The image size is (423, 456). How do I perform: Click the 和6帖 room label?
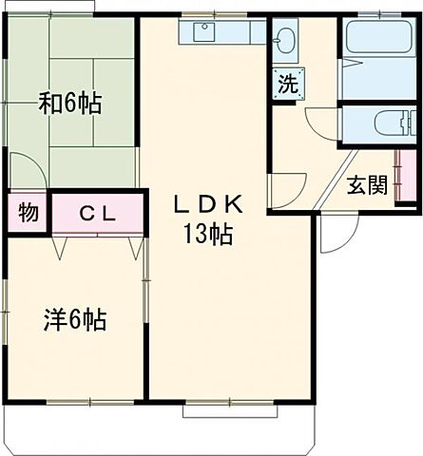pyautogui.click(x=69, y=104)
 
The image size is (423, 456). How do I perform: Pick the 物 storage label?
pyautogui.click(x=29, y=213)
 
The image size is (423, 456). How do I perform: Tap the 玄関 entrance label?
pyautogui.click(x=366, y=184)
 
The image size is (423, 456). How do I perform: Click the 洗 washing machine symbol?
pyautogui.click(x=286, y=84)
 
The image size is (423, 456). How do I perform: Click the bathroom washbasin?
pyautogui.click(x=286, y=41)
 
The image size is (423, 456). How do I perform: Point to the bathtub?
pyautogui.click(x=378, y=38)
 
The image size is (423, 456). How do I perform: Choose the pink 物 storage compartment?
pyautogui.click(x=29, y=213)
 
